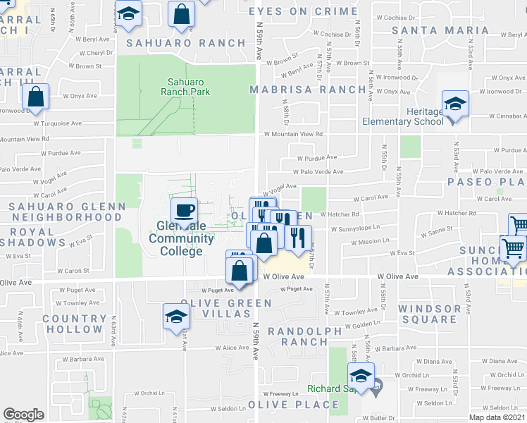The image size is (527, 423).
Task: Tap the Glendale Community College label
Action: (181, 238)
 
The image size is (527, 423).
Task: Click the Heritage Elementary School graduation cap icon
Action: (455, 104)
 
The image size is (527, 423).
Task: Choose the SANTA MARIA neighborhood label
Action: (440, 30)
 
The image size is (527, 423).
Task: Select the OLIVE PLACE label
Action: (298, 405)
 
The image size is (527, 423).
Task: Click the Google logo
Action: (23, 415)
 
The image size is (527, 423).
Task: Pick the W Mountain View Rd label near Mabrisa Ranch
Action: (294, 133)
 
